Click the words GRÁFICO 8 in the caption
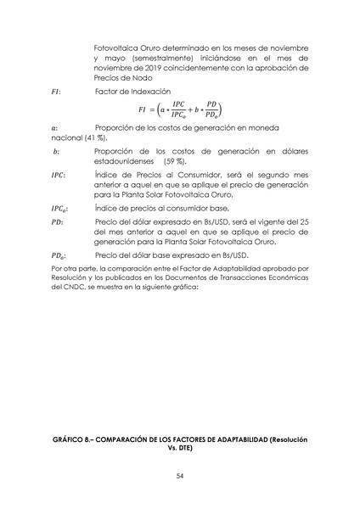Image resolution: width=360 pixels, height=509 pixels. point(73,441)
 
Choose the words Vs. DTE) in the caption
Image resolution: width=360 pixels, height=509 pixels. point(180,450)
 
